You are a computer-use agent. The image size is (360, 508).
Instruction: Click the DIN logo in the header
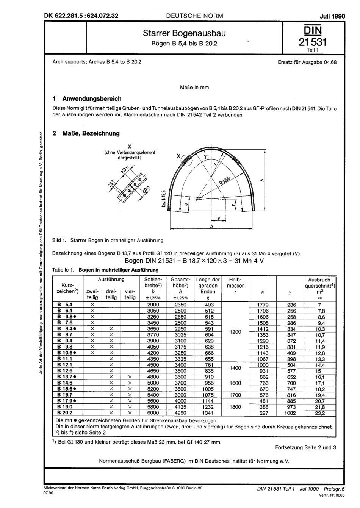point(310,30)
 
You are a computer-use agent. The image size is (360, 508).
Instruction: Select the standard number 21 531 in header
point(310,42)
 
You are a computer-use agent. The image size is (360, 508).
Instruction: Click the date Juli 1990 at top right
point(322,16)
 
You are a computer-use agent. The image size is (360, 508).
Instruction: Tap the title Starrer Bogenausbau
point(184,33)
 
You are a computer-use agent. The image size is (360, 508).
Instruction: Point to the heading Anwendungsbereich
point(92,99)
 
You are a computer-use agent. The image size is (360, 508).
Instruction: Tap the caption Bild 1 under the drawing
point(108,240)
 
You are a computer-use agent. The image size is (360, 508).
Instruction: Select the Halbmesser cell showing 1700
point(235,395)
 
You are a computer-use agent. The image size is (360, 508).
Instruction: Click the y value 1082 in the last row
point(290,413)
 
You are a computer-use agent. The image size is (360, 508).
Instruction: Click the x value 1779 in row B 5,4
point(263,305)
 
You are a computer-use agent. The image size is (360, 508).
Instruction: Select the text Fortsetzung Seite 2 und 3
point(305,447)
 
